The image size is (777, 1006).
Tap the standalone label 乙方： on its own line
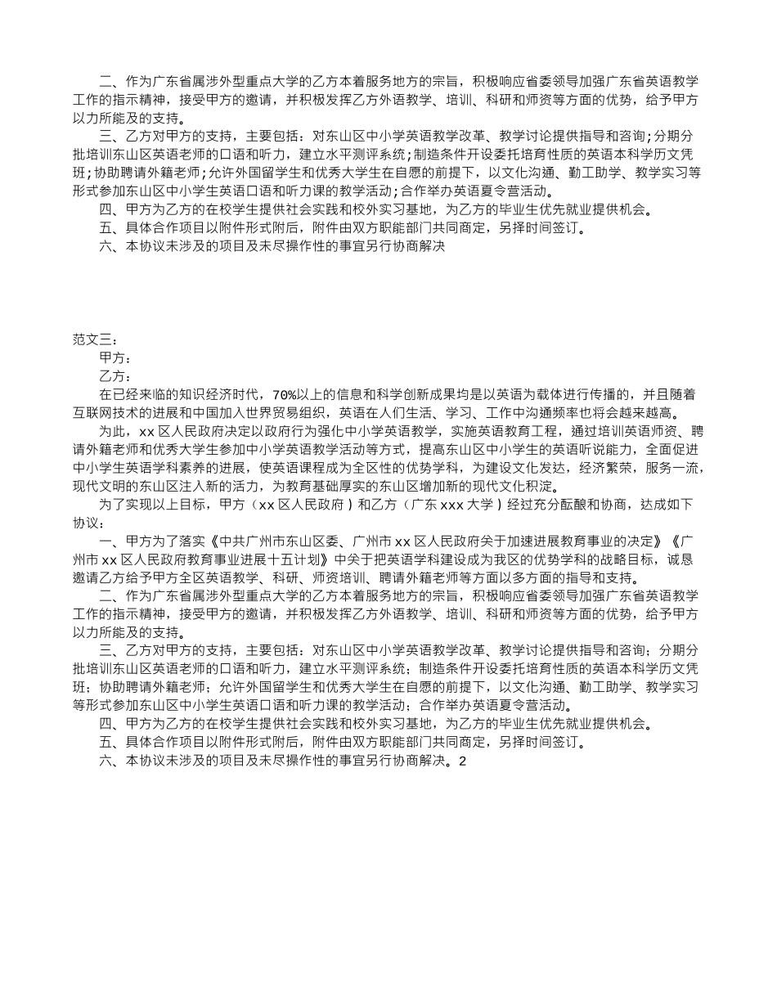115,376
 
